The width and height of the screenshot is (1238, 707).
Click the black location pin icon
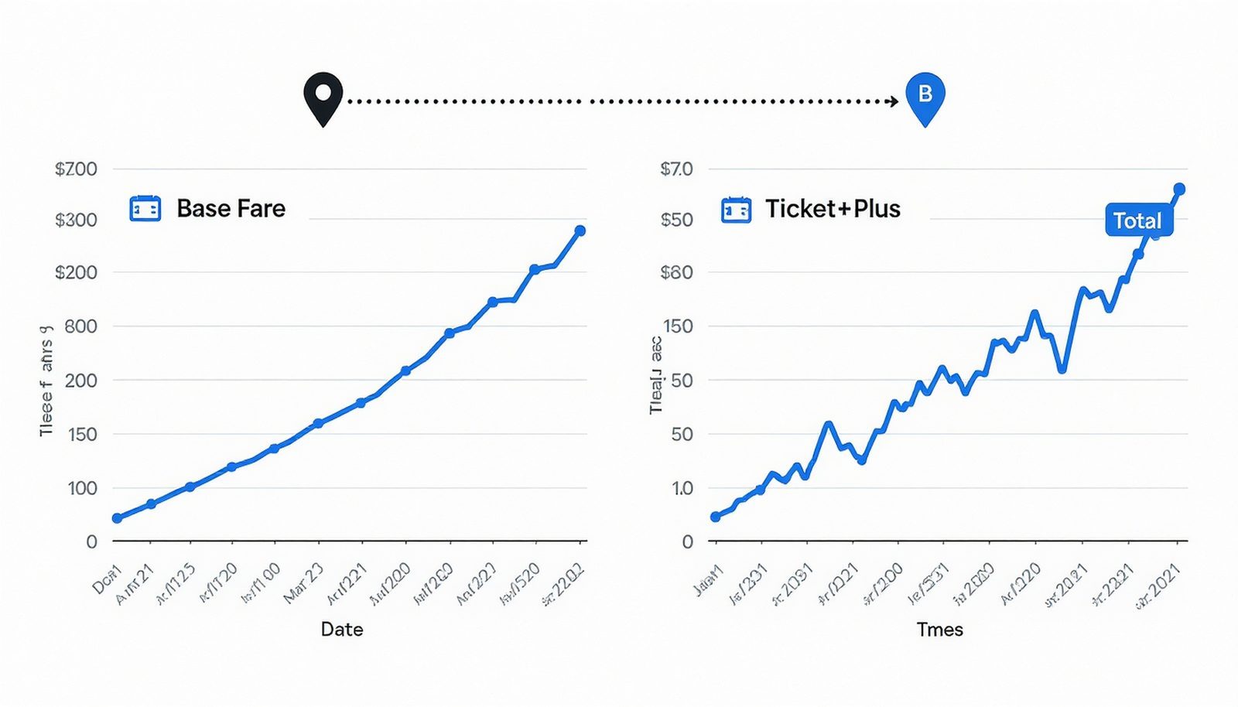pyautogui.click(x=323, y=97)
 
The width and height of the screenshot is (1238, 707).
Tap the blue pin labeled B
pyautogui.click(x=925, y=97)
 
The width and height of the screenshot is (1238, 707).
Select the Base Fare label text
pyautogui.click(x=231, y=208)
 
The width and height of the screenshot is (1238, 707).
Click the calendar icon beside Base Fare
pyautogui.click(x=145, y=209)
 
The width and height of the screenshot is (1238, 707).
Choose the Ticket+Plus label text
pyautogui.click(x=833, y=209)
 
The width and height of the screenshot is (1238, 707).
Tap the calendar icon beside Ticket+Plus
pyautogui.click(x=736, y=210)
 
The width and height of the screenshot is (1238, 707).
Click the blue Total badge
pyautogui.click(x=1137, y=221)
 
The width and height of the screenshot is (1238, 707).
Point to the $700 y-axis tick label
pyautogui.click(x=76, y=169)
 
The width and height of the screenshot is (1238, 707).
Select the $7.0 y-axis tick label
pyautogui.click(x=676, y=169)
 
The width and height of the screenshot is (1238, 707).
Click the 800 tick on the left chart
pyautogui.click(x=80, y=326)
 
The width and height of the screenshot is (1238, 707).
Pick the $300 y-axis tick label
pyautogui.click(x=76, y=220)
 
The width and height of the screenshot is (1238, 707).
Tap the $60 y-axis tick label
pyautogui.click(x=676, y=272)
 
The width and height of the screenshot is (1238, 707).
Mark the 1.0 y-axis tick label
pyautogui.click(x=682, y=488)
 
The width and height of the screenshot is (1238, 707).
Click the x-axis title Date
pyautogui.click(x=342, y=629)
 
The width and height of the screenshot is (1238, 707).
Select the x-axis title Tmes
pyautogui.click(x=939, y=630)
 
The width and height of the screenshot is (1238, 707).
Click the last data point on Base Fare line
pyautogui.click(x=580, y=231)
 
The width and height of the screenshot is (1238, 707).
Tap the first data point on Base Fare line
pyautogui.click(x=117, y=518)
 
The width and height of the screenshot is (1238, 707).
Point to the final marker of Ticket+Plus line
pyautogui.click(x=1179, y=189)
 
